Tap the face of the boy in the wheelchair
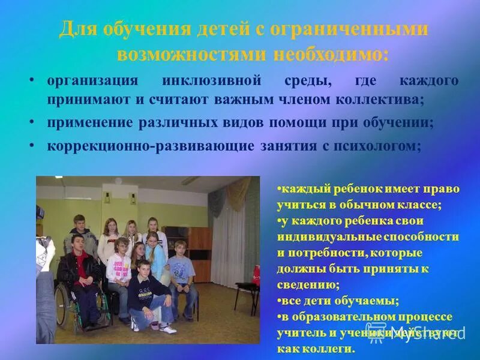click(76, 242)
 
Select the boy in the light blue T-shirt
click(181, 270)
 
